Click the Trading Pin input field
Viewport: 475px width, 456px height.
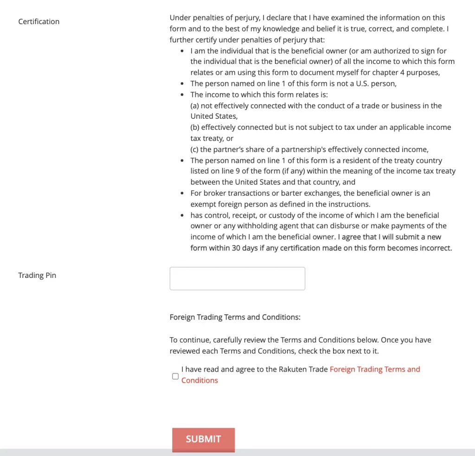[x=237, y=278]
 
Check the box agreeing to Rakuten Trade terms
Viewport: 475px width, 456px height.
[x=175, y=376]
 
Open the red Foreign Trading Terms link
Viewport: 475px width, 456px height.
[x=374, y=369]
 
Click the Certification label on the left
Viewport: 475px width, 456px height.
[x=39, y=21]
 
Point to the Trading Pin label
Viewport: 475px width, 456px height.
[x=37, y=275]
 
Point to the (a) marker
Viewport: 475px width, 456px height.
[x=195, y=106]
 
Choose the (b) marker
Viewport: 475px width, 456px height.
[x=195, y=127]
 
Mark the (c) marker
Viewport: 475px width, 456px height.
[x=195, y=149]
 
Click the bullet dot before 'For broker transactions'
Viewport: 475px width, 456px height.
[x=182, y=193]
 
